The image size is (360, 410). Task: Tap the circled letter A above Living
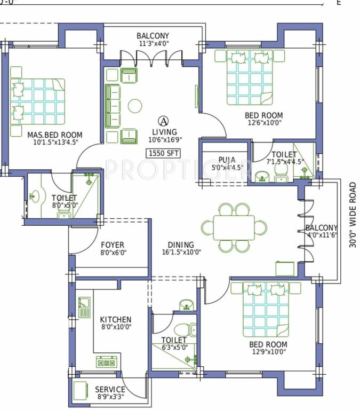(x=164, y=121)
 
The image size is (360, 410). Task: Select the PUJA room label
(x=227, y=160)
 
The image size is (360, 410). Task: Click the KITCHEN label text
(x=116, y=319)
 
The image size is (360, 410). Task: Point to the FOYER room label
(x=113, y=245)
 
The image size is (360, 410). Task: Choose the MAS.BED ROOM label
(x=55, y=135)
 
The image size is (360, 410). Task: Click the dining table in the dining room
(x=235, y=228)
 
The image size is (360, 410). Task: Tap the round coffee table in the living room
(x=134, y=106)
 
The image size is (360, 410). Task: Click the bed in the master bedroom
(x=37, y=102)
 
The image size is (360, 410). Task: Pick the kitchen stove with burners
(x=106, y=362)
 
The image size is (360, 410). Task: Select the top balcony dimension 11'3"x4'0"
(x=153, y=45)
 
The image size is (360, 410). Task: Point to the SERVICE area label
(x=110, y=390)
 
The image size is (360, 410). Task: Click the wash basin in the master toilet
(x=36, y=196)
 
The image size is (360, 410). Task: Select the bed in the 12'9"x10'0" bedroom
(x=266, y=309)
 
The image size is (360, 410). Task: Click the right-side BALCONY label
(x=322, y=227)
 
